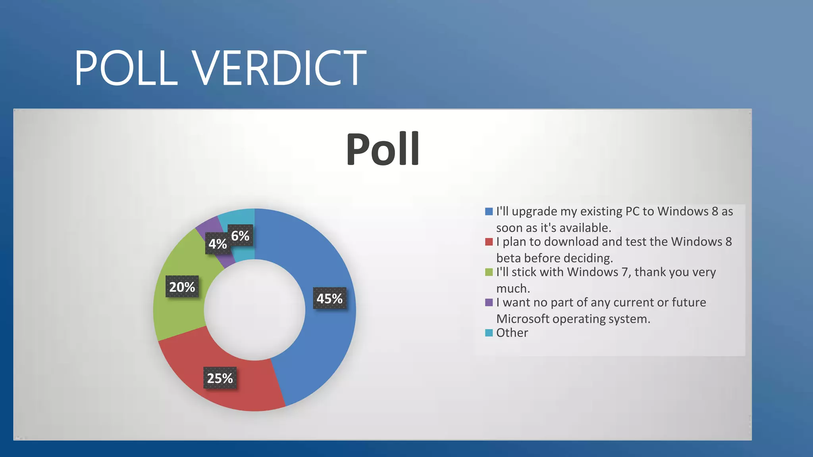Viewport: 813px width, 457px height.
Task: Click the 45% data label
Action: [329, 298]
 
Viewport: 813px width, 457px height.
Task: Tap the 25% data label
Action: [220, 378]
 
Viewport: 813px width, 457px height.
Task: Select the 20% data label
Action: [182, 287]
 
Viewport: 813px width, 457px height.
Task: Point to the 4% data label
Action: [218, 244]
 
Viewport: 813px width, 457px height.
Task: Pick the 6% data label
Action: [240, 236]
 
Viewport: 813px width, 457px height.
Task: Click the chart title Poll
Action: [383, 149]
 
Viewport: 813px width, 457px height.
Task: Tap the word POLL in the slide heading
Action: [126, 68]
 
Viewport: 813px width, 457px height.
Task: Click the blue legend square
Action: [489, 211]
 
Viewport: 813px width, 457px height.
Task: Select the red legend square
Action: [489, 242]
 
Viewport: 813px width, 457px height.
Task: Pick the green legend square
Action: [489, 272]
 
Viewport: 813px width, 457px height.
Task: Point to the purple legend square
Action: [489, 303]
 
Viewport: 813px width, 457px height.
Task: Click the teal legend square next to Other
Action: [489, 333]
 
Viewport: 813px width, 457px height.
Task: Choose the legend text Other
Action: [512, 333]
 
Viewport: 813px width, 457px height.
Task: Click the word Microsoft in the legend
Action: [522, 319]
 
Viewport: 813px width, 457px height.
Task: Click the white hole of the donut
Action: [254, 310]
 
